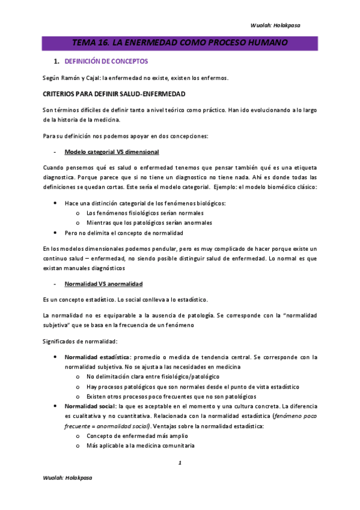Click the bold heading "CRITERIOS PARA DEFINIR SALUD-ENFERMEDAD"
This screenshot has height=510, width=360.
click(114, 94)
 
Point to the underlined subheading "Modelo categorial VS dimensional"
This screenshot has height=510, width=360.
click(111, 151)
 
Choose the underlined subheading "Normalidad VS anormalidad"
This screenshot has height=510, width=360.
click(103, 283)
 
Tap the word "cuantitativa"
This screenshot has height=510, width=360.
click(133, 416)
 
